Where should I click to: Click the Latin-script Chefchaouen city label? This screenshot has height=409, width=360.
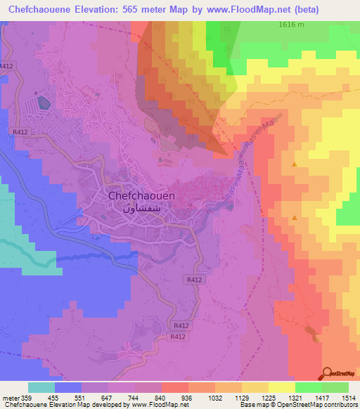pyautogui.click(x=141, y=197)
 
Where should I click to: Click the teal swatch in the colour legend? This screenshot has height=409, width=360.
pyautogui.click(x=41, y=387)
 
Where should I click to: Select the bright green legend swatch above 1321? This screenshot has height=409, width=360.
pyautogui.click(x=308, y=387)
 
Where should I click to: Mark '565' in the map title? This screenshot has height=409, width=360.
pyautogui.click(x=140, y=10)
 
